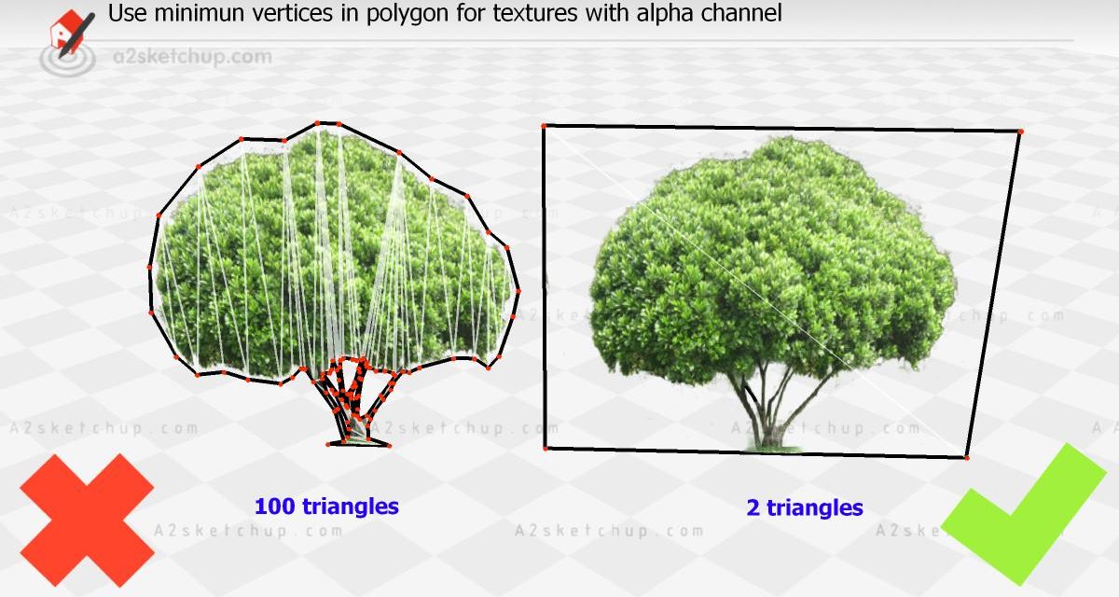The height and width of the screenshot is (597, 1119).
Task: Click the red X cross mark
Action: click(x=87, y=520)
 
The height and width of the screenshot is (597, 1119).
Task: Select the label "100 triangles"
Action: click(x=326, y=507)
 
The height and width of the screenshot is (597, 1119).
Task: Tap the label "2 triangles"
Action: click(x=805, y=507)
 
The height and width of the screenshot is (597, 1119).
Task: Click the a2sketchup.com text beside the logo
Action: click(x=193, y=57)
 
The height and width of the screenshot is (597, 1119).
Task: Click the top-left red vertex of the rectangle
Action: click(x=544, y=126)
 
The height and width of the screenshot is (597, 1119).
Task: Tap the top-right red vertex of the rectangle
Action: click(x=1020, y=132)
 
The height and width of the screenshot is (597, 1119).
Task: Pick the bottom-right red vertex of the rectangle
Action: click(x=967, y=457)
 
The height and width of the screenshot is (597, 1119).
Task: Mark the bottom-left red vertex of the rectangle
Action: click(x=546, y=448)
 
